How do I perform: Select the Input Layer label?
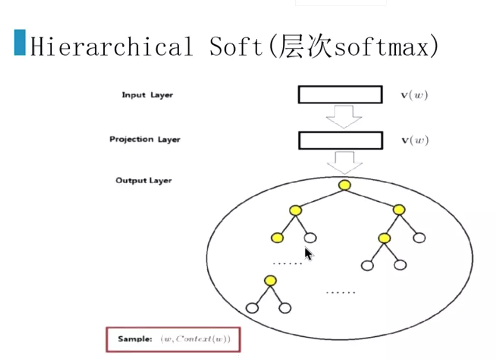[147, 95]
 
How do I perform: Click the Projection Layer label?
[144, 139]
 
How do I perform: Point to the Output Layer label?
[143, 180]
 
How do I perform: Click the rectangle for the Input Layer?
[340, 94]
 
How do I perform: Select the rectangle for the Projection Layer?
[340, 140]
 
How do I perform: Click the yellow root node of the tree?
[345, 185]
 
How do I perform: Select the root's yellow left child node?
[295, 211]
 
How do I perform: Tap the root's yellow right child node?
[399, 210]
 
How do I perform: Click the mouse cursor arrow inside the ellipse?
[308, 253]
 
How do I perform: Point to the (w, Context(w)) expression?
[195, 339]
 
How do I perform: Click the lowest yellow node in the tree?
[270, 280]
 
